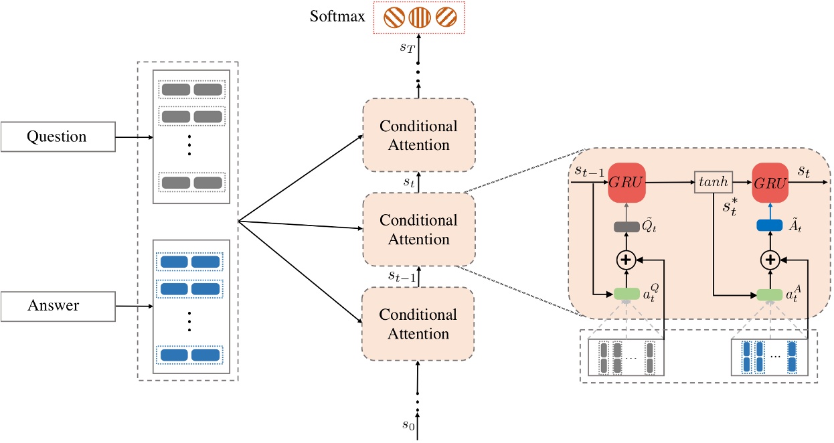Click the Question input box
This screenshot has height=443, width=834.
(56, 137)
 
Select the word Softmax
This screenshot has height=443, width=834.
(337, 16)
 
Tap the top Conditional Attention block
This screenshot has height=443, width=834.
(418, 135)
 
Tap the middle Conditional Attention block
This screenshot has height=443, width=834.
(418, 230)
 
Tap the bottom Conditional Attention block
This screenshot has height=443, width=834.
(418, 324)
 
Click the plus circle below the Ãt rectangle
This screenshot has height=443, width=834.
(772, 260)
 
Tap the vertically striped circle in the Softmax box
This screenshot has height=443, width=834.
(418, 17)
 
